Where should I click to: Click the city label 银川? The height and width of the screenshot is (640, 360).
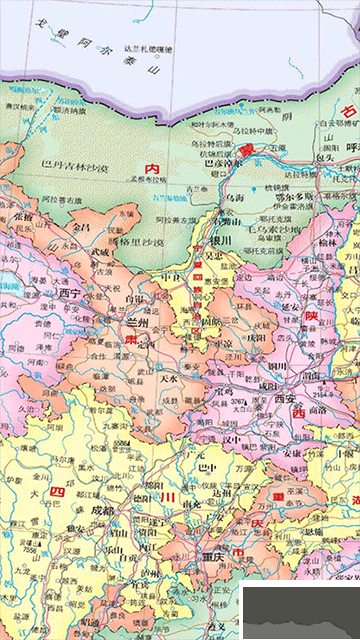pos(218,241)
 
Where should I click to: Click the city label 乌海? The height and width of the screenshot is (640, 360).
pos(234,199)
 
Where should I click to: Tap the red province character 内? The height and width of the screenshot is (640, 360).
pos(152,169)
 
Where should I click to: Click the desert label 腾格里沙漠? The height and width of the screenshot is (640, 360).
pos(135,241)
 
